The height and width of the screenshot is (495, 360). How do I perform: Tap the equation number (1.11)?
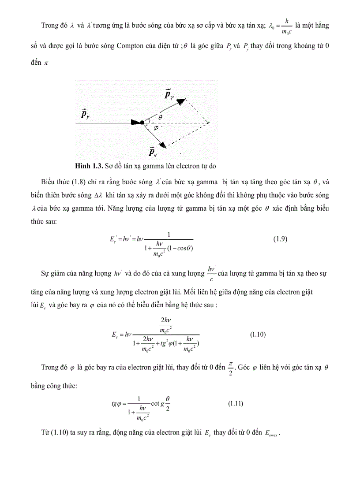click(x=235, y=403)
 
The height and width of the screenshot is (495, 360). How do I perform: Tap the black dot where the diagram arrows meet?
click(x=142, y=123)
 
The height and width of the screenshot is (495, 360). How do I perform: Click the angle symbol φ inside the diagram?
click(x=155, y=128)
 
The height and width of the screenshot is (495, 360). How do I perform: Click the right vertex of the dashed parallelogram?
click(x=209, y=123)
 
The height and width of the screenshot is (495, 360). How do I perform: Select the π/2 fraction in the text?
click(x=229, y=367)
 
